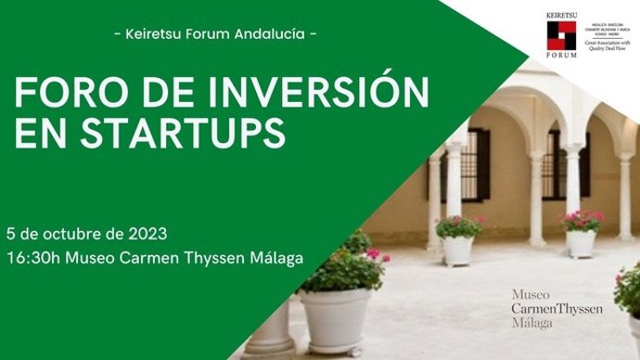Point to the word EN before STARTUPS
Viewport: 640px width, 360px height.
pyautogui.click(x=37, y=133)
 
